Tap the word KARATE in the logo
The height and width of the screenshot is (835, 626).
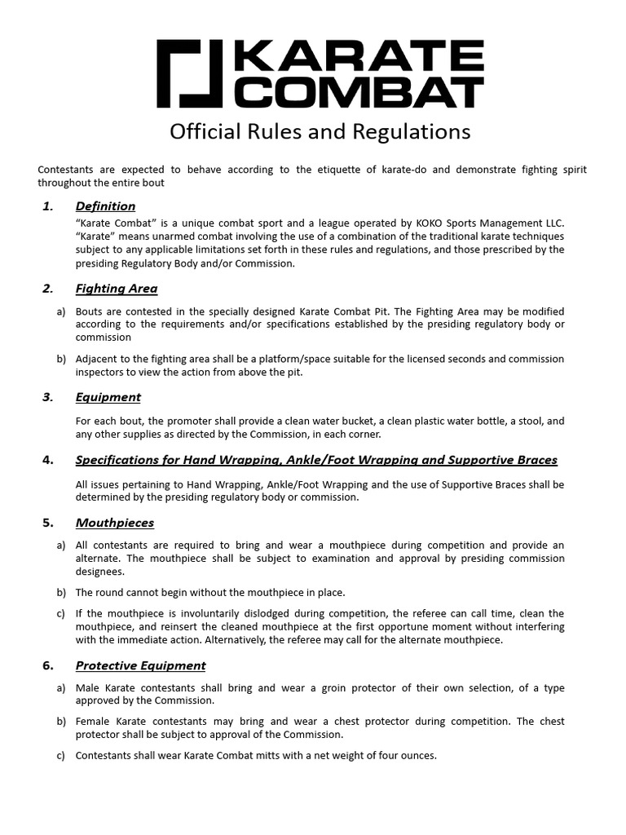359,57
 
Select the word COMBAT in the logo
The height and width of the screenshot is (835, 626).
359,92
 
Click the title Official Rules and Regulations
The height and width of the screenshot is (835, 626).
320,131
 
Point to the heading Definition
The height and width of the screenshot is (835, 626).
105,206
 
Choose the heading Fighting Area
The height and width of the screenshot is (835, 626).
116,289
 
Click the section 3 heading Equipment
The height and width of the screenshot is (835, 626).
108,397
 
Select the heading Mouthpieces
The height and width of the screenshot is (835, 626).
114,523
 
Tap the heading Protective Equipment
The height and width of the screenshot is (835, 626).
140,666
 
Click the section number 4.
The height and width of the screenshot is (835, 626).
47,460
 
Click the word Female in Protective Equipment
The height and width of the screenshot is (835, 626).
93,722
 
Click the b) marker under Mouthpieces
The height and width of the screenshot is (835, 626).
61,593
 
